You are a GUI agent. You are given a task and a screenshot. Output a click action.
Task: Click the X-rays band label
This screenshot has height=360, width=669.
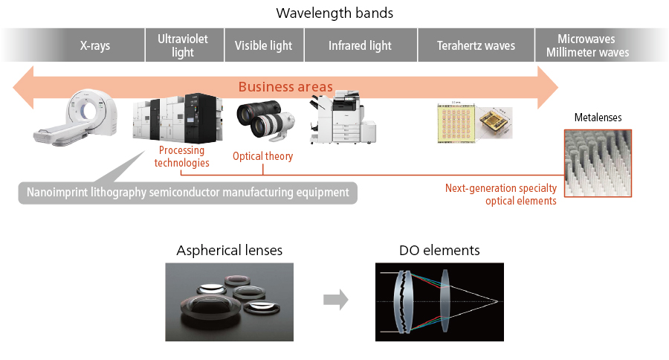click(x=94, y=45)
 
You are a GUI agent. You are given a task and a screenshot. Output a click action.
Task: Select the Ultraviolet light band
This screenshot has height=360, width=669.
click(x=183, y=45)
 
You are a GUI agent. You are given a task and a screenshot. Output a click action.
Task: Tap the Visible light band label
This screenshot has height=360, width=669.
click(x=263, y=45)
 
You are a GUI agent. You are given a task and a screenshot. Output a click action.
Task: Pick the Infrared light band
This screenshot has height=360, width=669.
click(x=360, y=45)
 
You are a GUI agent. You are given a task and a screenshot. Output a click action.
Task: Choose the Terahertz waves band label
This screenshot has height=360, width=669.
click(x=476, y=45)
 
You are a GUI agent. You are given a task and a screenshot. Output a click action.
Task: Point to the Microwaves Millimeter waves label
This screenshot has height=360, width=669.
click(x=587, y=45)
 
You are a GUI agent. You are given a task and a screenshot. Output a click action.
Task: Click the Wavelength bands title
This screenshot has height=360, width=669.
click(x=334, y=13)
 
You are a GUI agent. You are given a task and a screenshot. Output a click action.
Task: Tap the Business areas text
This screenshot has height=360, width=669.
click(x=285, y=87)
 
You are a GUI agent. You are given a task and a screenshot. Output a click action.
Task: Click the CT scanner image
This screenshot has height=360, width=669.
click(x=75, y=118)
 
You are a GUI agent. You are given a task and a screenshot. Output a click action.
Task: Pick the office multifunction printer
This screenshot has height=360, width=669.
click(x=343, y=117)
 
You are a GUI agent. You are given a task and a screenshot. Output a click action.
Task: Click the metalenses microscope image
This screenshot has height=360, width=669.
click(x=598, y=163)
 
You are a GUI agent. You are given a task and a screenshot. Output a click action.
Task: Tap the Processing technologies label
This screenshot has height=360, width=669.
click(x=182, y=156)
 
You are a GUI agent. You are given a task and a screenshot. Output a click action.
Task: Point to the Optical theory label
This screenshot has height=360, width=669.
click(x=263, y=156)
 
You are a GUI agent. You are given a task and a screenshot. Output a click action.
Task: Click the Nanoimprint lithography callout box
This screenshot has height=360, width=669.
click(x=188, y=193)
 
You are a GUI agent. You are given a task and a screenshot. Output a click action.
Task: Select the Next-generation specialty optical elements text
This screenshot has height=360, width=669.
click(x=501, y=194)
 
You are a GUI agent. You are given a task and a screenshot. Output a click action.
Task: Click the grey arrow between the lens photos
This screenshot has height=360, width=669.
click(x=336, y=299)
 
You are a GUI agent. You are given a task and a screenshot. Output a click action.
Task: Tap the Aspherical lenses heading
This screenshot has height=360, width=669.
click(x=229, y=250)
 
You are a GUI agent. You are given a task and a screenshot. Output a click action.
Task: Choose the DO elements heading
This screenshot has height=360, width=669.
click(x=439, y=250)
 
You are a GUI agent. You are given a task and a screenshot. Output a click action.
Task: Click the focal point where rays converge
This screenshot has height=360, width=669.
click(x=497, y=301)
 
